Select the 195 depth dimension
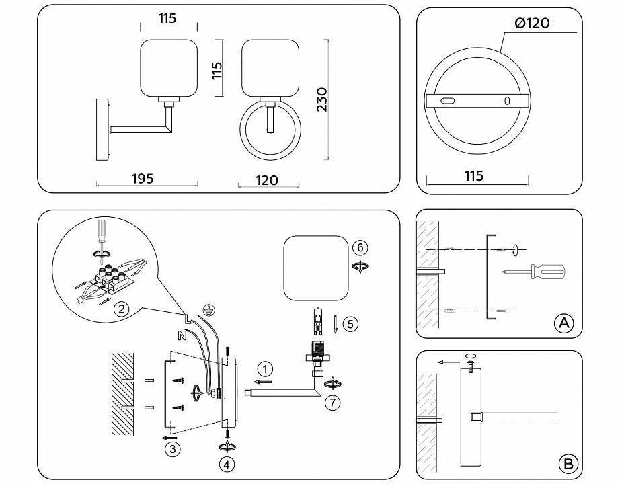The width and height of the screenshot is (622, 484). click(x=142, y=178)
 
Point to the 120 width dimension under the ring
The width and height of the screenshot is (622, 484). click(x=267, y=179)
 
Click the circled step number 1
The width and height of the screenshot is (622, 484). click(x=266, y=368)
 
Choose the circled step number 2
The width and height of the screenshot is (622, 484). click(x=121, y=309)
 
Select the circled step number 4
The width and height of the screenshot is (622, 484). click(x=227, y=463)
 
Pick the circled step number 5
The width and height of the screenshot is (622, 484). click(x=350, y=323)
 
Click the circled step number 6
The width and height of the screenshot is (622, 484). click(x=361, y=247)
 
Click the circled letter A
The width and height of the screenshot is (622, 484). click(x=563, y=323)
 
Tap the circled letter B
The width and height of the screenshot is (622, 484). click(x=568, y=463)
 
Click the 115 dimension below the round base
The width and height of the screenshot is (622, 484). click(x=473, y=176)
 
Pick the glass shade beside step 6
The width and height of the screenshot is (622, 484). click(x=316, y=267)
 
